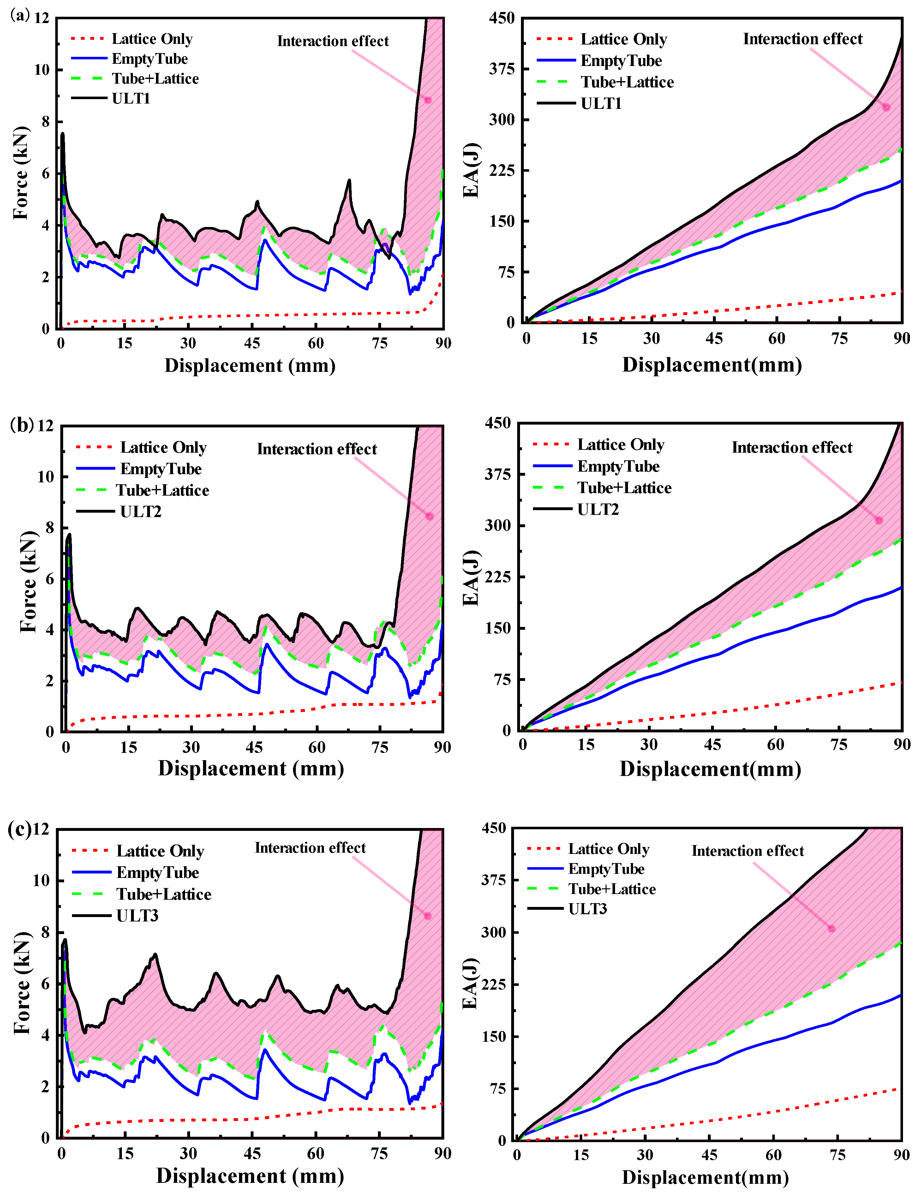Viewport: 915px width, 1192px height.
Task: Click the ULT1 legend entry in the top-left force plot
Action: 131,98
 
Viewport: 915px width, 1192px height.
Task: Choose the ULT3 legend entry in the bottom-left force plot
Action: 137,916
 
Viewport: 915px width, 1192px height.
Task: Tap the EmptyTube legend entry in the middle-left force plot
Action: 161,469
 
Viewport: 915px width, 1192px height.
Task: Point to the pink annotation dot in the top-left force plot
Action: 428,100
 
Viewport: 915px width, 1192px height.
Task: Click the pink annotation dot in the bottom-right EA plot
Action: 831,928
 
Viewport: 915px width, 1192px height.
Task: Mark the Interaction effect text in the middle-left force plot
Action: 317,449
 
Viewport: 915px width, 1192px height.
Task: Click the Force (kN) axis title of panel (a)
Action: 21,173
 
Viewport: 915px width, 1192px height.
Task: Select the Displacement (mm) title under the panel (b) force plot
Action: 251,768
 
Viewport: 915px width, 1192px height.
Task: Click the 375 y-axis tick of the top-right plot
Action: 502,69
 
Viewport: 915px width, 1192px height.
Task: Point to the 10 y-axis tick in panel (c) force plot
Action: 41,880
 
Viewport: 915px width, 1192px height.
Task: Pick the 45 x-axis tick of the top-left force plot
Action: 252,343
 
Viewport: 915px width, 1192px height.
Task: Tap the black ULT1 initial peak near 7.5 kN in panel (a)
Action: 63,134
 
